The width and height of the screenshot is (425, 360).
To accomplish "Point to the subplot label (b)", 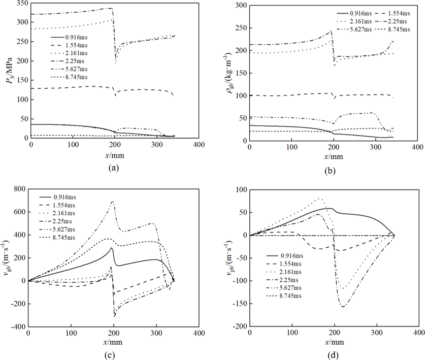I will click(x=331, y=171).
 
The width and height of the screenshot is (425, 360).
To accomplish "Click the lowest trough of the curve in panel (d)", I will click(x=344, y=307).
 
